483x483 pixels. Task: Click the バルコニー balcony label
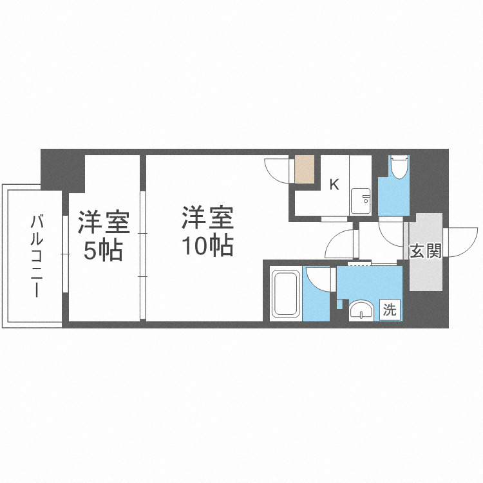(37, 256)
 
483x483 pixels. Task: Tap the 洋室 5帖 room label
(104, 236)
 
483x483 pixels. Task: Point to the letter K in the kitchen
(334, 185)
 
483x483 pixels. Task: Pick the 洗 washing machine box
(390, 310)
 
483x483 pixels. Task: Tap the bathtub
(285, 294)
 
